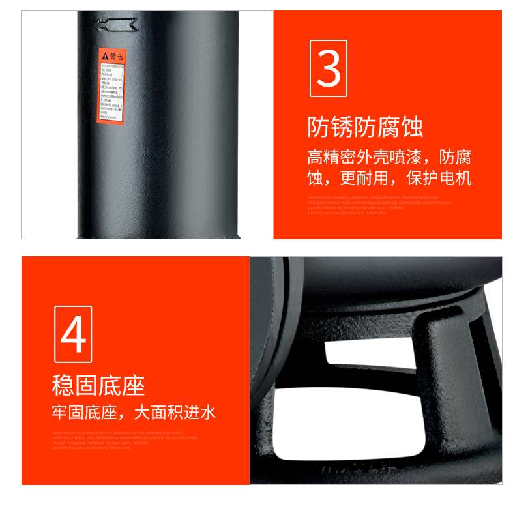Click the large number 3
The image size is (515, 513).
point(329,68)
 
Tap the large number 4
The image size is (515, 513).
point(73,334)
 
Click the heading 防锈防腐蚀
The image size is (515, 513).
point(365,126)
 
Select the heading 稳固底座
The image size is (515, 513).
point(98,385)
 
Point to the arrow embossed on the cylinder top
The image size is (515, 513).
point(115,25)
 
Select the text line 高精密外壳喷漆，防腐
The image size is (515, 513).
point(389,158)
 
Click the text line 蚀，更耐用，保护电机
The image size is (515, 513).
point(389,179)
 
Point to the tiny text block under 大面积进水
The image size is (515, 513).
point(124,440)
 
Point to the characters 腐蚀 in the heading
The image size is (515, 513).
point(400,126)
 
